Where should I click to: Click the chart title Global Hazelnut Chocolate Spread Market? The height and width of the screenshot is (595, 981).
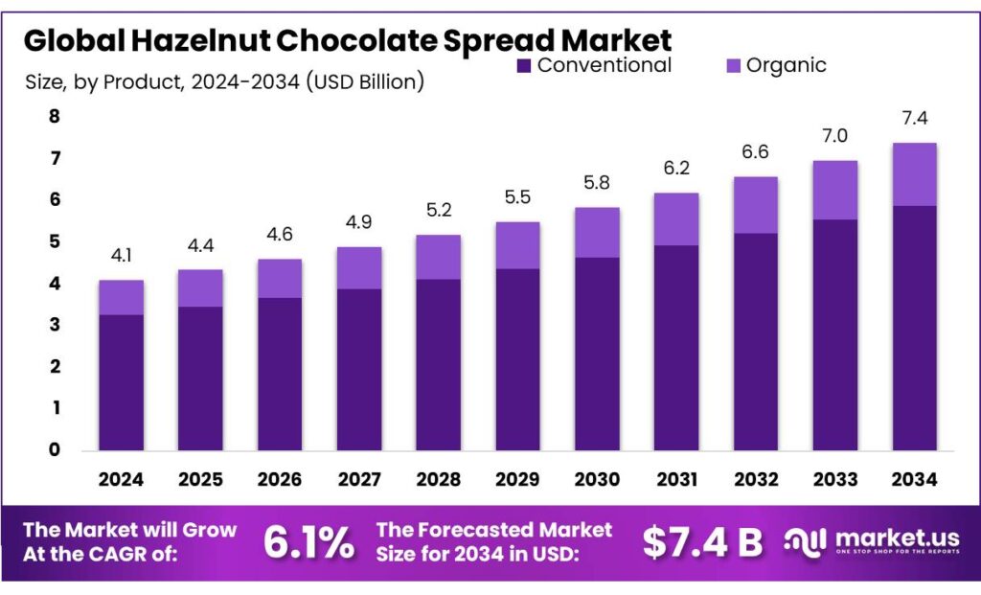(347, 40)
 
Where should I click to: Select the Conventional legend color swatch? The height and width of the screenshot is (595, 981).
(524, 66)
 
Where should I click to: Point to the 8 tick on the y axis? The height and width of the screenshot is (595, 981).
(55, 117)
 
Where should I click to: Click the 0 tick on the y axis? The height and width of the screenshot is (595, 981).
(55, 449)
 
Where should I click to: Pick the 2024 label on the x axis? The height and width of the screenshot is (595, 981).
(122, 478)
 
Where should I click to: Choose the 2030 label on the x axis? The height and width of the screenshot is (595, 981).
(596, 478)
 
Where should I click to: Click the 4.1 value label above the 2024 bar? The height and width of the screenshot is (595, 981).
(122, 257)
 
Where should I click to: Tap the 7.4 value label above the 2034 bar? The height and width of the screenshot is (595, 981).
(914, 120)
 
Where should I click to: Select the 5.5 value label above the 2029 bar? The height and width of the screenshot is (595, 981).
(517, 198)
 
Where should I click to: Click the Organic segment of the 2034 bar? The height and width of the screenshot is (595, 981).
(914, 174)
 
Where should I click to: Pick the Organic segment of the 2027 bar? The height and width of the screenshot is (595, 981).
(359, 267)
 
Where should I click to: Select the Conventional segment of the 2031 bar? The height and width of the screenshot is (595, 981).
(675, 347)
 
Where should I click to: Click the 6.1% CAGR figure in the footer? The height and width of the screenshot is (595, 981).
(308, 543)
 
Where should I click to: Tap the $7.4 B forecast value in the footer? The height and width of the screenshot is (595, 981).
(702, 543)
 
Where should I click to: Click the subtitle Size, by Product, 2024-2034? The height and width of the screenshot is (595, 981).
(224, 82)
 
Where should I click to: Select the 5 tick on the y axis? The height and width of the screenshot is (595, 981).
(55, 241)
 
